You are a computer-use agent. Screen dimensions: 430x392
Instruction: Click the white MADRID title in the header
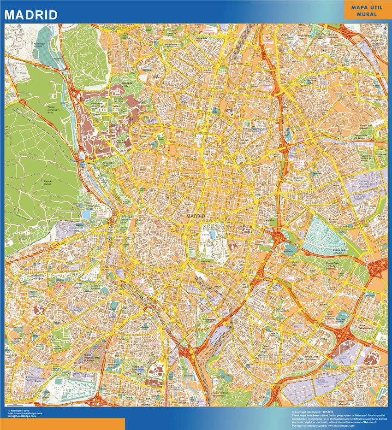(x=31, y=15)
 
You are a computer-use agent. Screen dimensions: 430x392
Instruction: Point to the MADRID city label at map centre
(x=196, y=216)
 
